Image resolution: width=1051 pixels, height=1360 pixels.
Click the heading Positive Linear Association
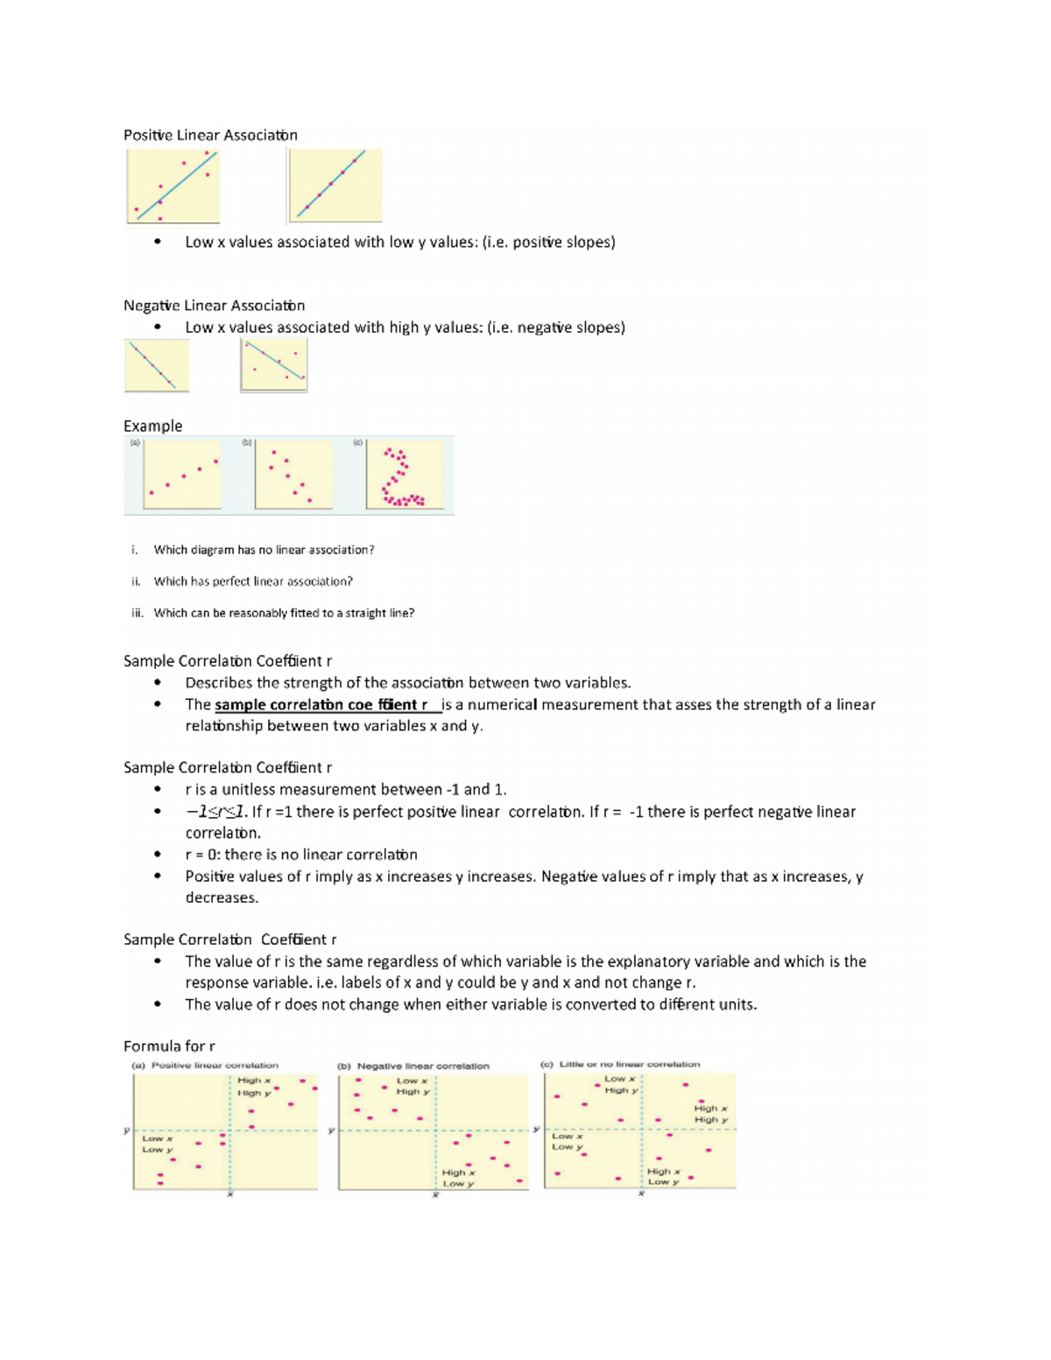tap(210, 135)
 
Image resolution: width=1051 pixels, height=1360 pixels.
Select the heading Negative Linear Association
tap(214, 306)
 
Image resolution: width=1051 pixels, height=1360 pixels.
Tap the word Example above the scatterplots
tap(152, 426)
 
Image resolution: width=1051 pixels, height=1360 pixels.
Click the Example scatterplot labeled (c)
tap(405, 475)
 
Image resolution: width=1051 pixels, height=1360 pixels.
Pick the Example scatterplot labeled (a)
tap(182, 475)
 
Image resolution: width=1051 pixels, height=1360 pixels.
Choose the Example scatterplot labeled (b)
tap(293, 475)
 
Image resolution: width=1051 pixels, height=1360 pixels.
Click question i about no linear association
tap(264, 550)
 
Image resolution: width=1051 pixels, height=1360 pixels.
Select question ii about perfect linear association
tap(253, 581)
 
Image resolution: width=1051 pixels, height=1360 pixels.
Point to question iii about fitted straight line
tap(284, 613)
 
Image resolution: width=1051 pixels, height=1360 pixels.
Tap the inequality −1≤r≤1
tap(216, 812)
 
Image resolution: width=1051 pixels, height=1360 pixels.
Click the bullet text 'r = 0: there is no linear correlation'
tap(301, 855)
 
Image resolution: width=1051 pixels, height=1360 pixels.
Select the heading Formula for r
tap(169, 1046)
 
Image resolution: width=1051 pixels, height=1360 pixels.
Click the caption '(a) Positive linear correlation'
tap(205, 1066)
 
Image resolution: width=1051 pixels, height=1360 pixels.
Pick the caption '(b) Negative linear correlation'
tap(413, 1067)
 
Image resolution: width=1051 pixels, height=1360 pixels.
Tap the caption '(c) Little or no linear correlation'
tap(620, 1065)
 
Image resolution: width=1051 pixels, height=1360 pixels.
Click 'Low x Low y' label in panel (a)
tap(158, 1145)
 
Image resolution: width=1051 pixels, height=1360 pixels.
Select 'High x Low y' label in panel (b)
tap(458, 1178)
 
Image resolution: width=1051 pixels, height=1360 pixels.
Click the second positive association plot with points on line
tap(335, 186)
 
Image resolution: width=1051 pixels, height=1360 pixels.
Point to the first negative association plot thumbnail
tap(157, 365)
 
